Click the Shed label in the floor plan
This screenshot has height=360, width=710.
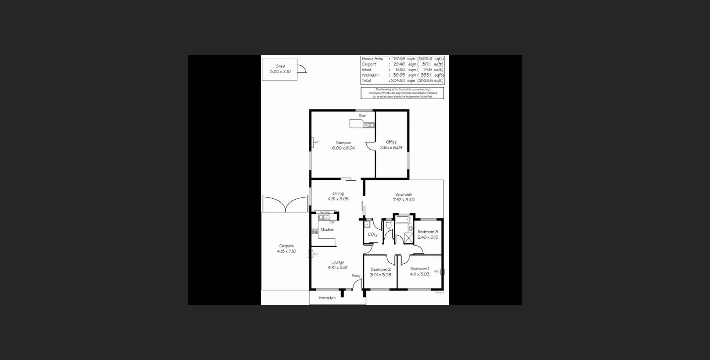280,66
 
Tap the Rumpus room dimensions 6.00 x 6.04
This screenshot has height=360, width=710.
343,148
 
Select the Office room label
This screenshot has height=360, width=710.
391,142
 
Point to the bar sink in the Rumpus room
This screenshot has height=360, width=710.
369,125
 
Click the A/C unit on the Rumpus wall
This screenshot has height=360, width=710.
312,142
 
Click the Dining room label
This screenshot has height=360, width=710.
338,193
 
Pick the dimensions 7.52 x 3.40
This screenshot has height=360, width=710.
404,200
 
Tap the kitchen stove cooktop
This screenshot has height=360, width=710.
315,230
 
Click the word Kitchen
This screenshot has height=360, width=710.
327,230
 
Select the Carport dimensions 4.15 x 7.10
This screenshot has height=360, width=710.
287,251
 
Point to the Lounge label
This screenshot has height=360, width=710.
337,262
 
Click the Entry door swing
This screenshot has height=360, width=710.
356,285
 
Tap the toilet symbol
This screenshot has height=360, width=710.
389,225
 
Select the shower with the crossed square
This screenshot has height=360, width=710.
409,238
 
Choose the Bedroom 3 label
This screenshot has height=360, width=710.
428,232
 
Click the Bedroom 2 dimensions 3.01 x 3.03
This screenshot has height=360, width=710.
381,275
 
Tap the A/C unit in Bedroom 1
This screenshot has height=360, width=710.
442,271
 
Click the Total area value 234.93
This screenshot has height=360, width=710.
398,80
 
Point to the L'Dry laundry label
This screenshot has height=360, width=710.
372,234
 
